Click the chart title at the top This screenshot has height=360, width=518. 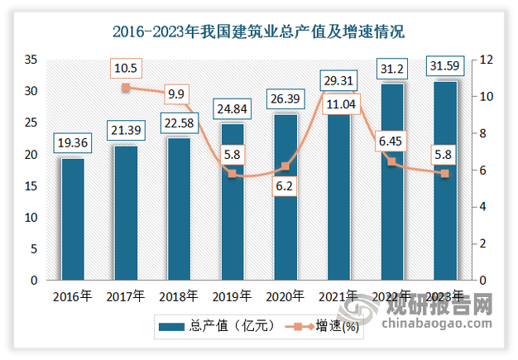pos(259,33)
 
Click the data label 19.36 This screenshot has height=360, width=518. pos(72,143)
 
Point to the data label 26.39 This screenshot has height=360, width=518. pos(285,99)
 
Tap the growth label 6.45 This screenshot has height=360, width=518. pos(391,141)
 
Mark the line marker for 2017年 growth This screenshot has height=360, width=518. pos(126,87)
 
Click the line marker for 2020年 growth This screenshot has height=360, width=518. pos(285,166)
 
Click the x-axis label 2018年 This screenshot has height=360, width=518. pos(179,295)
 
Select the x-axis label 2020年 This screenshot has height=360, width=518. pos(285,295)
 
